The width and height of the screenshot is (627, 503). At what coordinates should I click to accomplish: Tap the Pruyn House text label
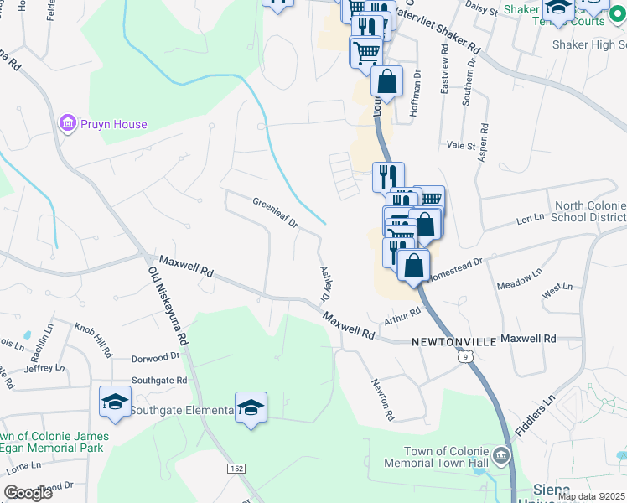[x=114, y=125]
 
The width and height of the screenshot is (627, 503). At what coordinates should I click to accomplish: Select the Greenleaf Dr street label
[x=276, y=212]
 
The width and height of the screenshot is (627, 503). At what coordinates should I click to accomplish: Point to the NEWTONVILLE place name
[x=450, y=343]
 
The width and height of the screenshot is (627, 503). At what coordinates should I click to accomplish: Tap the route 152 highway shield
[x=236, y=466]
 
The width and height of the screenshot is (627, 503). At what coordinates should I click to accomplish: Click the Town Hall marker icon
[x=501, y=456]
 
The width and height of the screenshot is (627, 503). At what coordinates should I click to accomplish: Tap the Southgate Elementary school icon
[x=115, y=400]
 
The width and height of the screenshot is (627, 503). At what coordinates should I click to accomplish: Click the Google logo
[x=28, y=493]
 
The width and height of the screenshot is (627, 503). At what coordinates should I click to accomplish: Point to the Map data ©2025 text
[x=591, y=496]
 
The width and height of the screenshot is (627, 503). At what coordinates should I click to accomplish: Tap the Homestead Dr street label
[x=456, y=267]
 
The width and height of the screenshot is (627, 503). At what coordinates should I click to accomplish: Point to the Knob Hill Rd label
[x=92, y=337]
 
